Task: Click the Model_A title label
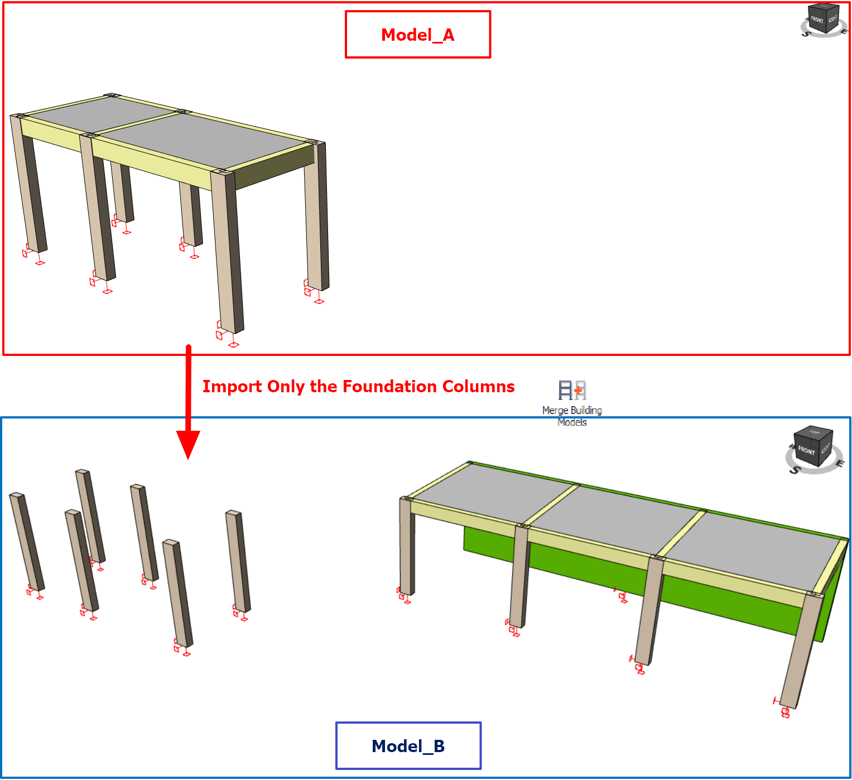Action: (417, 35)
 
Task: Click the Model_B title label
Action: (408, 746)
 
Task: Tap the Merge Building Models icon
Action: (572, 389)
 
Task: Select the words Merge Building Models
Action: (572, 416)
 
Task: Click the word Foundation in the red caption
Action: (389, 386)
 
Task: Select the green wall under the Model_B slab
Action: (637, 582)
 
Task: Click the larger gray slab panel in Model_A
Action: (202, 139)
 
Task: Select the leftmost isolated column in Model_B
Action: (27, 542)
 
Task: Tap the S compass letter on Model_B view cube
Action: (795, 469)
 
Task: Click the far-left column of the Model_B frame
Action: (406, 546)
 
